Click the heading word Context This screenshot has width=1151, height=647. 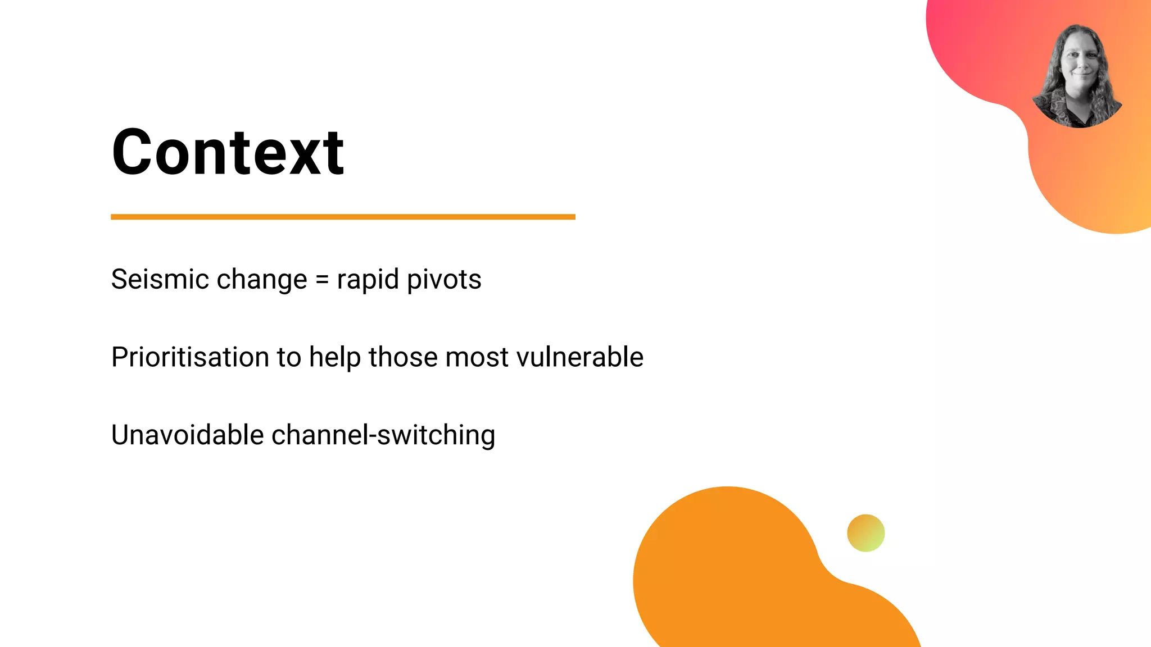click(228, 152)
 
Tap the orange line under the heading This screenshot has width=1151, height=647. click(343, 217)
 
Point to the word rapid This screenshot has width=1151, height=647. click(368, 280)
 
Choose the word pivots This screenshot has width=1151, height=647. click(444, 279)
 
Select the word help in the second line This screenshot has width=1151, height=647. click(335, 358)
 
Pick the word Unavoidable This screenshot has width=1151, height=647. click(187, 435)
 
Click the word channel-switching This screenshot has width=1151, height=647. click(383, 435)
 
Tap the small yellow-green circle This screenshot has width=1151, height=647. click(865, 533)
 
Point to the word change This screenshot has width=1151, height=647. click(262, 280)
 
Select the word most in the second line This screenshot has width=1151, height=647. click(477, 358)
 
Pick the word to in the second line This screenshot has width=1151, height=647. click(289, 358)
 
